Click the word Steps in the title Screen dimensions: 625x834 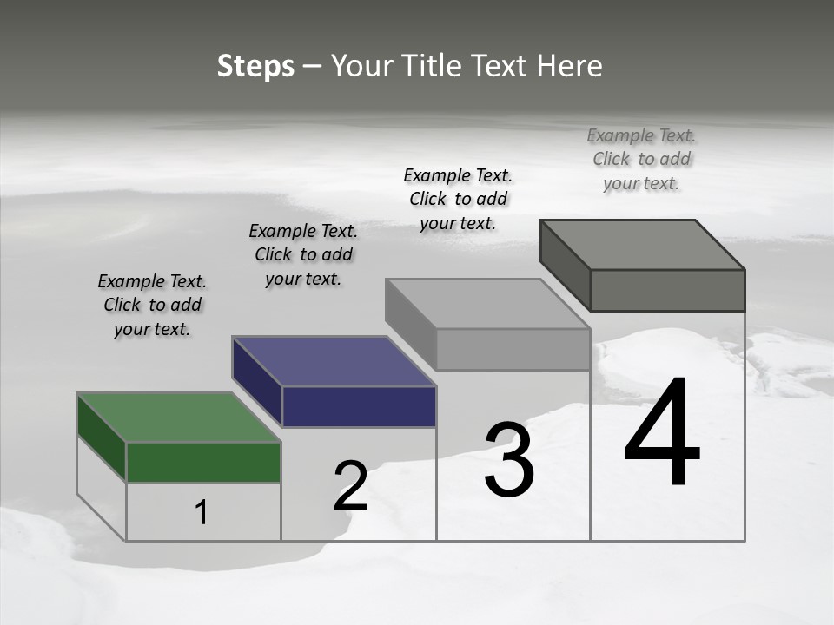point(255,66)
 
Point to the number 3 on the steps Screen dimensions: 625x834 point(509,460)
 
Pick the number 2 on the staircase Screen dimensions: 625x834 point(351,486)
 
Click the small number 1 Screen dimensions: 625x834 point(202,513)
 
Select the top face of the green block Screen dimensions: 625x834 point(178,418)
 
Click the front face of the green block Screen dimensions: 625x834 point(203,462)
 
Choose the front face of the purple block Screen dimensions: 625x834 point(359,406)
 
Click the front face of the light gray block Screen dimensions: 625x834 point(513,350)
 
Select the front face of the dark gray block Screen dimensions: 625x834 point(667,290)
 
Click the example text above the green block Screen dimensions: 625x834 point(152,305)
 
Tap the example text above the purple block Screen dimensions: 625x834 point(303,254)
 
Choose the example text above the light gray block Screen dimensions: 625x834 point(458,199)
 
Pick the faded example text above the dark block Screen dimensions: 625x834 point(641,159)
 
